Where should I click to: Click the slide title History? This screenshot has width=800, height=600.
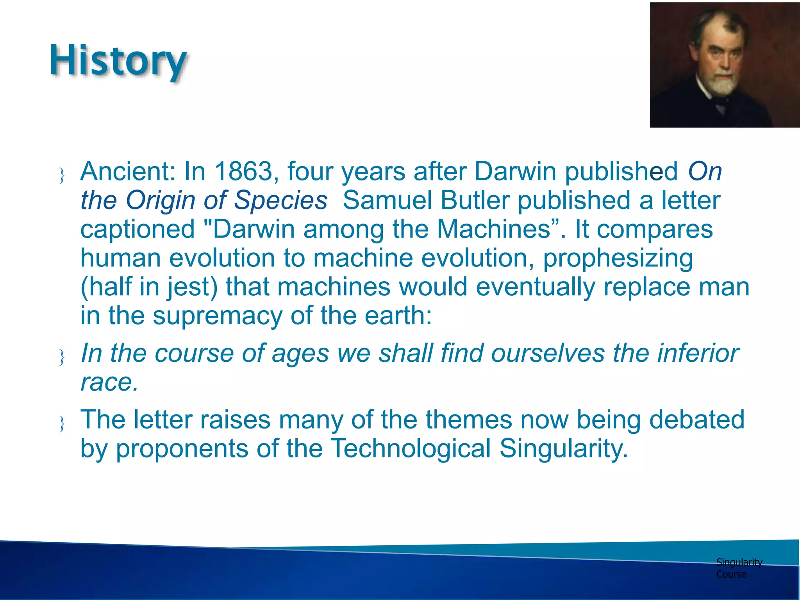coord(118,61)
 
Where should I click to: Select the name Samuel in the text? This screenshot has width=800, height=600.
coord(387,200)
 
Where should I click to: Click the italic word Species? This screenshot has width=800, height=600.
coord(280,200)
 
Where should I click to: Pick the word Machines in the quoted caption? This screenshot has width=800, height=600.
coord(493,229)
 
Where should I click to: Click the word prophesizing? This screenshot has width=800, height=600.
coord(618,259)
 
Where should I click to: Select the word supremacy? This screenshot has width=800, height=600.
coord(217,316)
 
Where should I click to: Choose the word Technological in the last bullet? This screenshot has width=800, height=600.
coord(411,448)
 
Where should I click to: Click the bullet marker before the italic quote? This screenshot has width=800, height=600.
coord(62,357)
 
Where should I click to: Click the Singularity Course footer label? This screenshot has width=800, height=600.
coord(738,568)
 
